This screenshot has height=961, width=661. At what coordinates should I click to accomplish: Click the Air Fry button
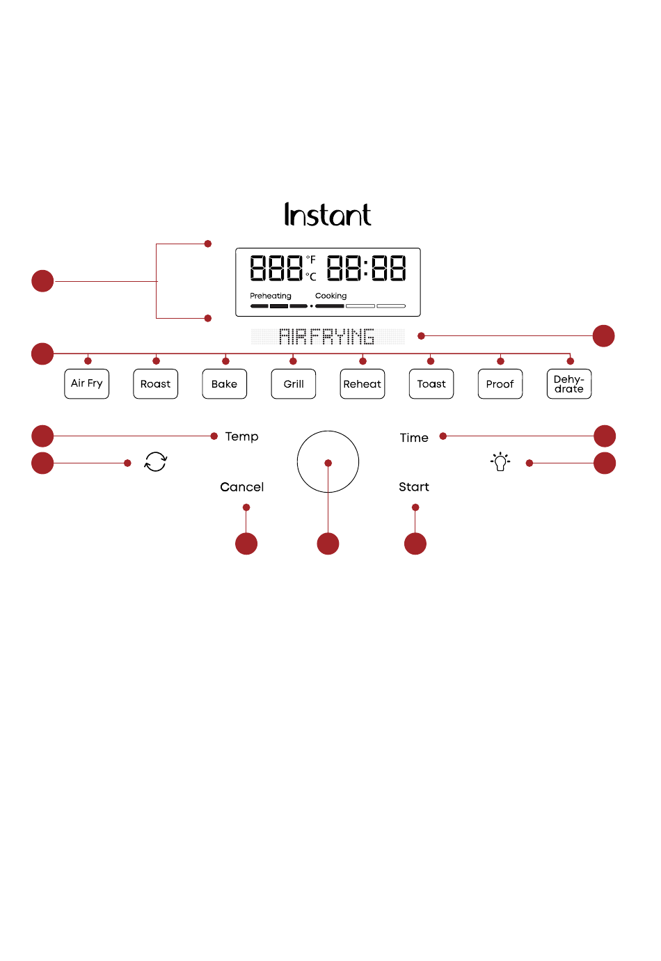pos(87,383)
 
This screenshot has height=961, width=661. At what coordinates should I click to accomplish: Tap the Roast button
pos(155,383)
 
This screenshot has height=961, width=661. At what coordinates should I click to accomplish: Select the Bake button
pos(224,383)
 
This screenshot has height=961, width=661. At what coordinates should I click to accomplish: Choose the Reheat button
pos(363,383)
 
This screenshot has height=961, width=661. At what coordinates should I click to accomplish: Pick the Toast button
pos(431,383)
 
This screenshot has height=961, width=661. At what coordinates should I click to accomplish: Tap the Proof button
pos(500,383)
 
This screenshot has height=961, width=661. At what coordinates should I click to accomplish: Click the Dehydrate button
pos(569,383)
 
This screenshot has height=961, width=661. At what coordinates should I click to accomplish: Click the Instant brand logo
pos(328,214)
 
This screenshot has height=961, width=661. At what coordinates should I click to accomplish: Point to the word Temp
pos(242,437)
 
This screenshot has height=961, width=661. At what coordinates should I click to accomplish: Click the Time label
pos(414,438)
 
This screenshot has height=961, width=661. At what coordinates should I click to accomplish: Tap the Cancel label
pos(242,487)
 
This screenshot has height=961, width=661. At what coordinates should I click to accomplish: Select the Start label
pos(414,486)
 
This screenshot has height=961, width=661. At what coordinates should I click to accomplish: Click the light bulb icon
pos(500,461)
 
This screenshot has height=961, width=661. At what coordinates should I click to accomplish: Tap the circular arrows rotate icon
pos(155,461)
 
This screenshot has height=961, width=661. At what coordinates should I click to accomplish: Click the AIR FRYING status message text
pos(326,336)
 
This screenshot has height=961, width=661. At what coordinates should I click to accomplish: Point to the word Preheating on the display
pos(270,296)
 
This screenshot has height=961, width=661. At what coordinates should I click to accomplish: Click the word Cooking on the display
pos(330,296)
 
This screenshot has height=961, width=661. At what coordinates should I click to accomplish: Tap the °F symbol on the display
pos(311,259)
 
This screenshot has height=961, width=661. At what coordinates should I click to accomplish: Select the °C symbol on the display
pos(311,277)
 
